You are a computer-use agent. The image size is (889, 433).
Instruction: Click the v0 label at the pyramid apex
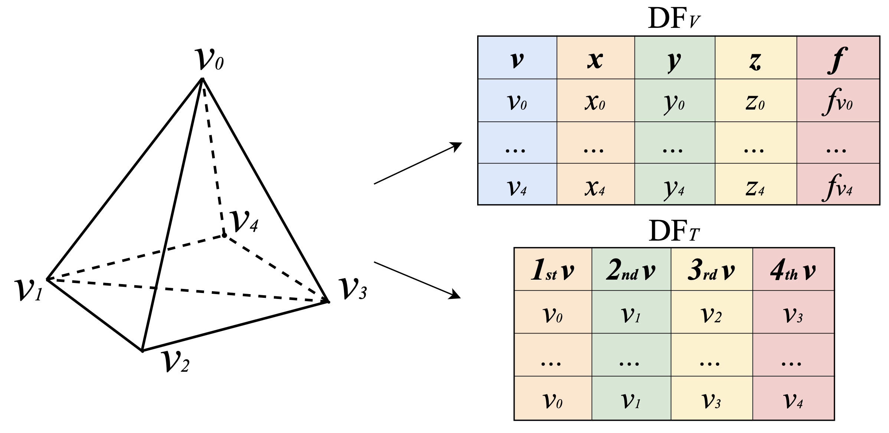point(209,59)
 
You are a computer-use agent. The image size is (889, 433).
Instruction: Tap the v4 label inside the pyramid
point(244,221)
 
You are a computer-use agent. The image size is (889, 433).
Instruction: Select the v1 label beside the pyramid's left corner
point(29,290)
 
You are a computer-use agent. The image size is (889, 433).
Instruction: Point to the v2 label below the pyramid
point(175,361)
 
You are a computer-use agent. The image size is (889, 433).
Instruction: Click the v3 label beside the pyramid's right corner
point(353,289)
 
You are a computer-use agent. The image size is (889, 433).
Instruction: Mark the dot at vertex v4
point(224,235)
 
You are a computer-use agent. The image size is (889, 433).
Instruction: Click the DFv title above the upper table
point(674,19)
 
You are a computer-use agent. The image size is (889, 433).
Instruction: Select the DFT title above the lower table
point(674,231)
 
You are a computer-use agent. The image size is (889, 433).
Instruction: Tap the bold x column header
point(595,59)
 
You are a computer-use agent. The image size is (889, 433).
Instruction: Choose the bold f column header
point(837,59)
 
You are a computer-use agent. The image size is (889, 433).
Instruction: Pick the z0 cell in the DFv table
point(755,102)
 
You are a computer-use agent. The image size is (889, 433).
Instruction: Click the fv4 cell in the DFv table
point(837,186)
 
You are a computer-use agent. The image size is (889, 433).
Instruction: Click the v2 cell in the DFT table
point(711,314)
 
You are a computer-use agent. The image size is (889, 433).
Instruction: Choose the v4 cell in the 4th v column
point(793,400)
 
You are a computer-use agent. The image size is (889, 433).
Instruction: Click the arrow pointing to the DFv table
point(417,163)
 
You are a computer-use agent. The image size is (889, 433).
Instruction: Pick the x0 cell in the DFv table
point(595,102)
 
